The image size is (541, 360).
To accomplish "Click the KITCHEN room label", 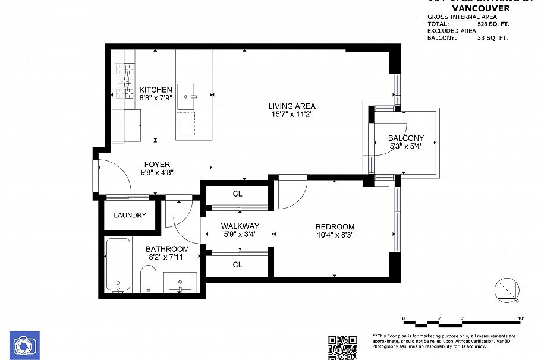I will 156,90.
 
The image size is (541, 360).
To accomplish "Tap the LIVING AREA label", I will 291,106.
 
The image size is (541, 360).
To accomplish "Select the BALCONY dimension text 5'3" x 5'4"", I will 406,146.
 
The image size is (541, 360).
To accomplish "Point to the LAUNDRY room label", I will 130,215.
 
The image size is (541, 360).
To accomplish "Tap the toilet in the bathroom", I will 148,279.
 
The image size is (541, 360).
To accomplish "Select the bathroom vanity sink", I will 179,281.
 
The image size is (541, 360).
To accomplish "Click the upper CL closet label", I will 237,194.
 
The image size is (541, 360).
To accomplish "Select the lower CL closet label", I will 237,265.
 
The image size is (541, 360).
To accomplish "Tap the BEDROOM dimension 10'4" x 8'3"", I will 335,235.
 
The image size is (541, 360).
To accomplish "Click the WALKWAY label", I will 240,226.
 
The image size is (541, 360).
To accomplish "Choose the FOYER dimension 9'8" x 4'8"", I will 157,173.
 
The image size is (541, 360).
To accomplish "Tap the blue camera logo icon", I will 24,345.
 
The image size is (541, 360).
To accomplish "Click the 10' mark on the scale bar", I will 521,319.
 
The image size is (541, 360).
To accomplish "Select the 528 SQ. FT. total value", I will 493,24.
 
